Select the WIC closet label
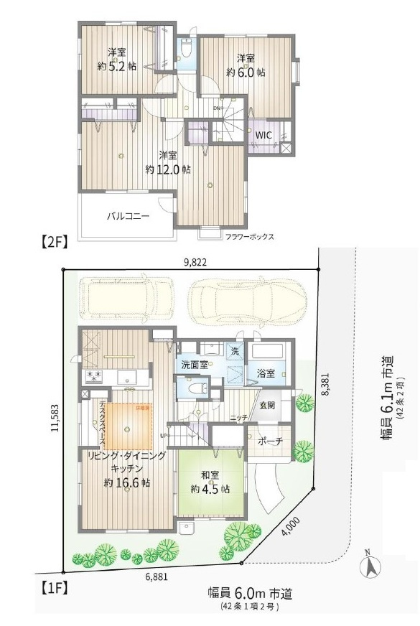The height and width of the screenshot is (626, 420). tap(263, 134)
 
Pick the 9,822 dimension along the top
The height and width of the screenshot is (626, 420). tap(195, 262)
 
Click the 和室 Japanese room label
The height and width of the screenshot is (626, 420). tap(210, 475)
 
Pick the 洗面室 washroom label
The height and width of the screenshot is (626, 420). tap(195, 364)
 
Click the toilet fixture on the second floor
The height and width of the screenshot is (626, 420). tap(186, 50)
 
